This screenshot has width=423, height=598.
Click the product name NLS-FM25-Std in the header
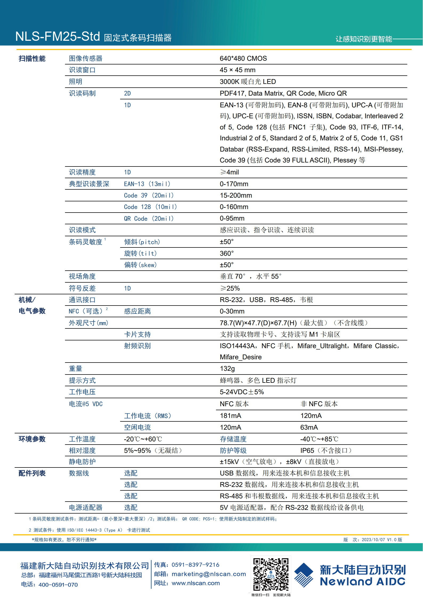[58, 36]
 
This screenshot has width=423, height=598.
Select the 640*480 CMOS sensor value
[243, 59]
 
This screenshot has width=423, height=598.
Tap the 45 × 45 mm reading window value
[237, 70]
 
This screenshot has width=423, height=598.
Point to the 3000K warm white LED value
[247, 82]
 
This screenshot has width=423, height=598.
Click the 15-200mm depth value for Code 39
[236, 196]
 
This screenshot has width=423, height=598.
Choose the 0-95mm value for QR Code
[232, 218]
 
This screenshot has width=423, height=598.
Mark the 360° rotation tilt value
[226, 254]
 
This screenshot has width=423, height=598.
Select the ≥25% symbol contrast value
[230, 288]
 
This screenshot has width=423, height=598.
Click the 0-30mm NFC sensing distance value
[232, 311]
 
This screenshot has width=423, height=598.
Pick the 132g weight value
[227, 369]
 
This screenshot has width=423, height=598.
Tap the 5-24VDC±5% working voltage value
[242, 392]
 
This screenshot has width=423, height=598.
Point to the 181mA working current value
[230, 416]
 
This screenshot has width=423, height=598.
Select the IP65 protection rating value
[326, 451]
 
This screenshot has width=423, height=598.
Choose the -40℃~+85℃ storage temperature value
[319, 439]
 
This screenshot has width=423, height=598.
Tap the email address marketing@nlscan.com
[209, 574]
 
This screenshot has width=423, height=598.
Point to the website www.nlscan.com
[196, 583]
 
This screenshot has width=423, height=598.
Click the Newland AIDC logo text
[362, 581]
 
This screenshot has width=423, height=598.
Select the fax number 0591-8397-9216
[195, 565]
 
